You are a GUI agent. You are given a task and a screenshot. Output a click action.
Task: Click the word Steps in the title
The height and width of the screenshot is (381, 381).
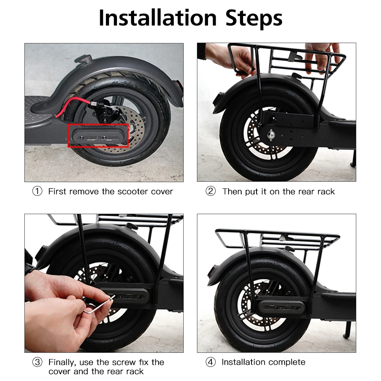[x=254, y=18]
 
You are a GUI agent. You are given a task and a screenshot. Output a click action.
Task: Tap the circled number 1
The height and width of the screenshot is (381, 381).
[x=37, y=191]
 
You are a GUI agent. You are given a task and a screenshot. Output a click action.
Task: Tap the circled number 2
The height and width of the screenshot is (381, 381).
[x=210, y=191]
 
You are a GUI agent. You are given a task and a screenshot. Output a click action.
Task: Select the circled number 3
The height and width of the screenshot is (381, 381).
[x=37, y=362]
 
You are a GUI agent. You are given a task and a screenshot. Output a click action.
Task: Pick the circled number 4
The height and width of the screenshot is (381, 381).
[x=210, y=362]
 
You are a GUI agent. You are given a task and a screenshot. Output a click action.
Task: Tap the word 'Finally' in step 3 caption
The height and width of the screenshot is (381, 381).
[x=62, y=362]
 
